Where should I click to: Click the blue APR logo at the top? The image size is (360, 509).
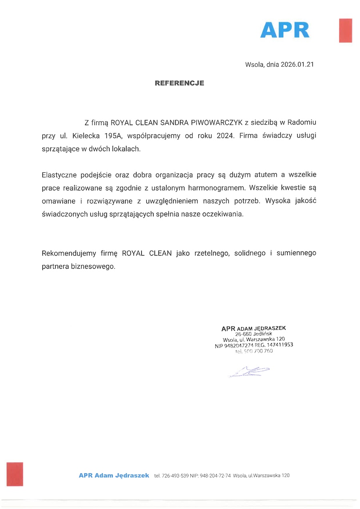285,30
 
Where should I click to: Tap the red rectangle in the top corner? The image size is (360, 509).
345,30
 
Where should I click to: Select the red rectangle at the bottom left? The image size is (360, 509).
15,474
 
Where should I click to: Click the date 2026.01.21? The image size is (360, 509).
296,64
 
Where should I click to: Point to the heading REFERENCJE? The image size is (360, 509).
180,83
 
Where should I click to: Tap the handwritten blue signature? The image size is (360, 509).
249,372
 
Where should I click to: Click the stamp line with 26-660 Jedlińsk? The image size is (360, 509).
254,333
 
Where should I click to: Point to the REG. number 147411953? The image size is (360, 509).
278,344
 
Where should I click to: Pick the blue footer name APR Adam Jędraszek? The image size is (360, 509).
114,475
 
